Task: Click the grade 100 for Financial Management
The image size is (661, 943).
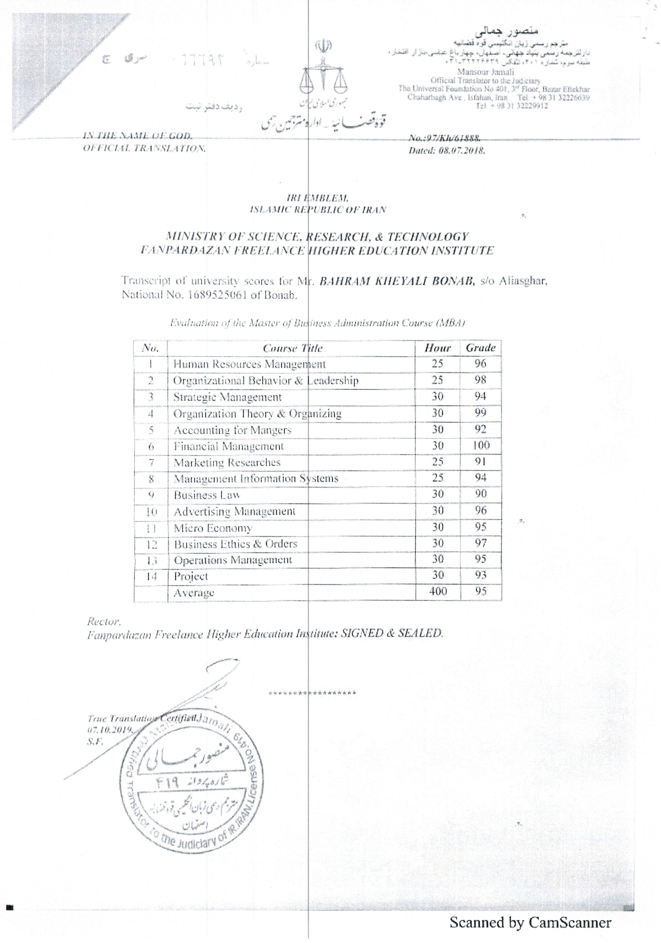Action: coord(480,445)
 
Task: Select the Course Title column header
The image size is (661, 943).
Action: coord(292,348)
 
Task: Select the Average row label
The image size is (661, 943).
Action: coord(194,593)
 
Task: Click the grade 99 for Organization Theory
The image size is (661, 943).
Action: coord(480,413)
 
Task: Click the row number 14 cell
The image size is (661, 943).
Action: coord(151,576)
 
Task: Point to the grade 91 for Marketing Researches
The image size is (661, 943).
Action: coord(480,462)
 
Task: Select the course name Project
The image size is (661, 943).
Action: coord(191,576)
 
